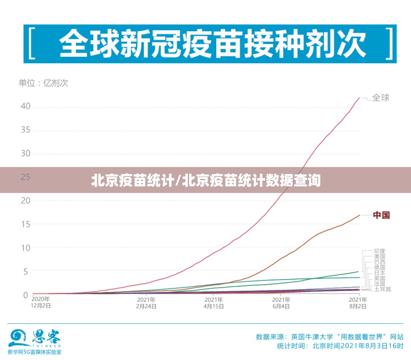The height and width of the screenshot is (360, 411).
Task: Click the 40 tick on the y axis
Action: click(x=25, y=107)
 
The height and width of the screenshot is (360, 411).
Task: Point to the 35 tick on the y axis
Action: click(x=25, y=130)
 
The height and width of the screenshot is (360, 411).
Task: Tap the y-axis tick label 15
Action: click(x=25, y=224)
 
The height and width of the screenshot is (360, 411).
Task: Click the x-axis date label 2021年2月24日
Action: click(x=146, y=302)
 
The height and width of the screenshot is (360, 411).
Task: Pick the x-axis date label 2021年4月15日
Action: click(x=214, y=302)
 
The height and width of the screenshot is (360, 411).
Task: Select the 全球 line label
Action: click(x=381, y=98)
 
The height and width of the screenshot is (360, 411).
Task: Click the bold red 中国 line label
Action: click(x=381, y=215)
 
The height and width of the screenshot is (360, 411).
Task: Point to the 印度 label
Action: click(x=379, y=251)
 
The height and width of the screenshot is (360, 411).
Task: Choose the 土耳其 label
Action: click(x=382, y=289)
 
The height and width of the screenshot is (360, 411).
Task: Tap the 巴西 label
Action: click(x=379, y=262)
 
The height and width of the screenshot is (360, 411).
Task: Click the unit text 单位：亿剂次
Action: click(x=43, y=83)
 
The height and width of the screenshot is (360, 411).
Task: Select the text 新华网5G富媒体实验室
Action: click(x=35, y=352)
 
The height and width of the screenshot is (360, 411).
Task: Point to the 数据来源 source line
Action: click(x=329, y=337)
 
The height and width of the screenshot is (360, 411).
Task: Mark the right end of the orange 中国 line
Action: click(x=360, y=215)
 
